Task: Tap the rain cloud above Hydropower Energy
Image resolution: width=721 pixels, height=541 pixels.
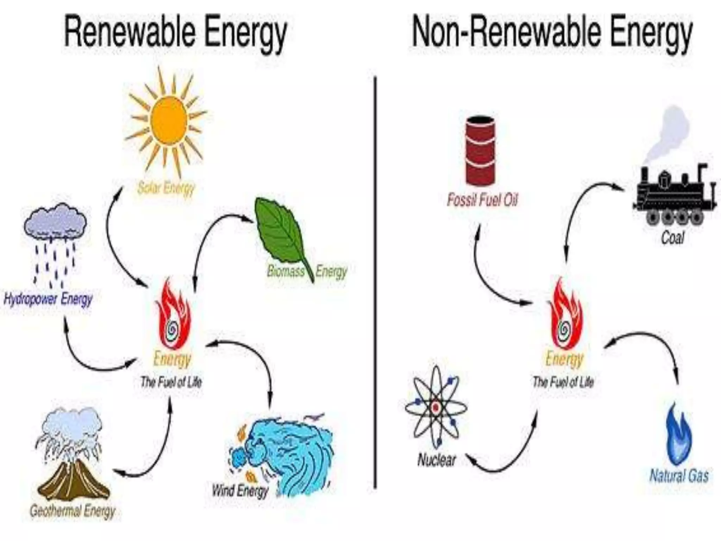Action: coord(55,222)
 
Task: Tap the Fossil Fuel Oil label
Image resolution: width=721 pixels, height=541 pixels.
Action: coord(482,200)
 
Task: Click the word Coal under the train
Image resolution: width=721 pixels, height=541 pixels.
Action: coord(672,238)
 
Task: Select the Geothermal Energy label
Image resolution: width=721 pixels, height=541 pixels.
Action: coord(73,511)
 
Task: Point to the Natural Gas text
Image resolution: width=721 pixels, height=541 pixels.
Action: coord(679,475)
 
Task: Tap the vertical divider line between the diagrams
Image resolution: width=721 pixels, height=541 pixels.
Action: coord(375,282)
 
